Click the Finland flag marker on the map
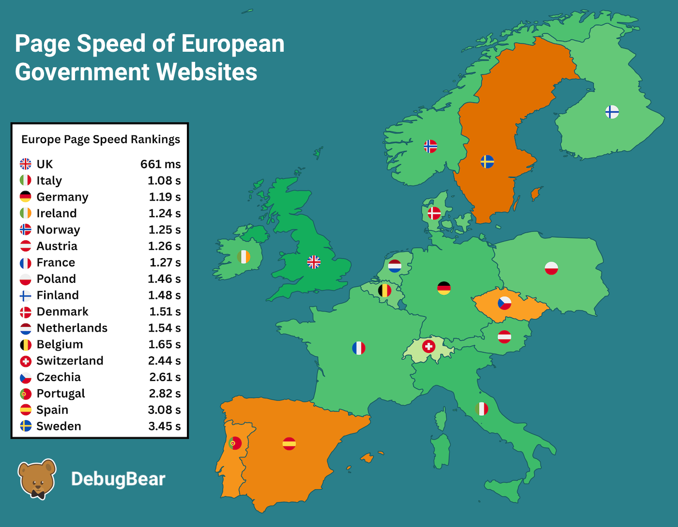pyautogui.click(x=612, y=112)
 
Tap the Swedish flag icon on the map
pyautogui.click(x=487, y=161)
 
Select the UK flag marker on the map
pyautogui.click(x=314, y=262)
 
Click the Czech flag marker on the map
pyautogui.click(x=505, y=303)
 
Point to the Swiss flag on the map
pyautogui.click(x=429, y=346)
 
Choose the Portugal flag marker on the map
pyautogui.click(x=235, y=443)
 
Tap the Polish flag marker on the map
pyautogui.click(x=551, y=268)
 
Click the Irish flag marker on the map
pyautogui.click(x=244, y=257)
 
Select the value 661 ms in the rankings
pyautogui.click(x=160, y=164)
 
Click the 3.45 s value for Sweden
pyautogui.click(x=164, y=426)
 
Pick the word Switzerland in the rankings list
pyautogui.click(x=70, y=361)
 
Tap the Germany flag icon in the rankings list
pyautogui.click(x=26, y=197)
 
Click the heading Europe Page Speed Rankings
pyautogui.click(x=101, y=139)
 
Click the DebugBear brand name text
pyautogui.click(x=118, y=479)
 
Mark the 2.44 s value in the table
pyautogui.click(x=164, y=361)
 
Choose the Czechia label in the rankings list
pyautogui.click(x=59, y=377)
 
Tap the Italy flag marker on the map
pyautogui.click(x=481, y=409)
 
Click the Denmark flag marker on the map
pyautogui.click(x=434, y=213)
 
